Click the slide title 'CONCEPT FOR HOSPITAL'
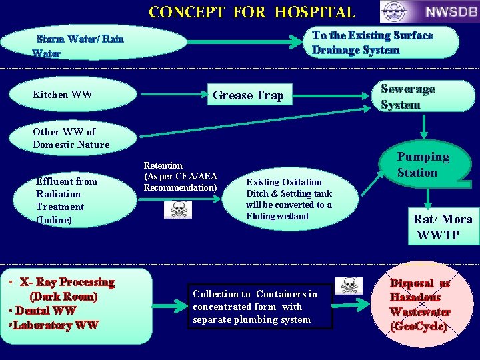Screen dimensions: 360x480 point(251,12)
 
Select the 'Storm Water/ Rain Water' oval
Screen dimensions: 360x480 point(93,43)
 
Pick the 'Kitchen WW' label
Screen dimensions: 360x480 point(62,95)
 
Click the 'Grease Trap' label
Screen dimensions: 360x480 point(248,95)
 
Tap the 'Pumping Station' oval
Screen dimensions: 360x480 point(423,165)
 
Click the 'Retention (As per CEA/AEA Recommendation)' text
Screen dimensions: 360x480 point(180,177)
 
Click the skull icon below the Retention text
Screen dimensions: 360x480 point(178,210)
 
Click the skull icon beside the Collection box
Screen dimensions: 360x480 point(350,285)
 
